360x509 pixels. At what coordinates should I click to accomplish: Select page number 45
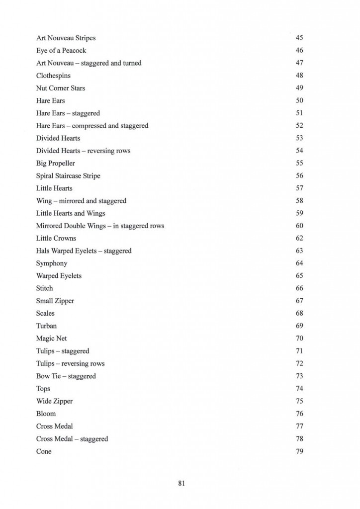point(299,38)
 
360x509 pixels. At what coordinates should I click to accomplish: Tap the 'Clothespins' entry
point(53,76)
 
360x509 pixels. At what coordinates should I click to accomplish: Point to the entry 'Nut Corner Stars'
point(60,88)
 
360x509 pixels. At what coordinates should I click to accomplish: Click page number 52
point(299,126)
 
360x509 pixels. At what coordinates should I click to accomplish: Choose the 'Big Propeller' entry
point(56,163)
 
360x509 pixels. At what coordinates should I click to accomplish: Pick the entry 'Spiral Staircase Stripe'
point(68,176)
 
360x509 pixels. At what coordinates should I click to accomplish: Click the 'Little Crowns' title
point(56,238)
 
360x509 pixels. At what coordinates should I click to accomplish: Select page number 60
point(299,226)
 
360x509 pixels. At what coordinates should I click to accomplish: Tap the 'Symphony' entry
point(52,263)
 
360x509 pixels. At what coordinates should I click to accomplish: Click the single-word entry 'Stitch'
point(44,288)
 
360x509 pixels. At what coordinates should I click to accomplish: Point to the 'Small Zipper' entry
point(55,301)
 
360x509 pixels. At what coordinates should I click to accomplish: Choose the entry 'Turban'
point(46,326)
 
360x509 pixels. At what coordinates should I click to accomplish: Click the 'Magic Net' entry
point(51,339)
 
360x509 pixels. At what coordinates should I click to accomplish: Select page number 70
point(299,339)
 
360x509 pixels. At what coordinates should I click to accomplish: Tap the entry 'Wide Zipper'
point(54,401)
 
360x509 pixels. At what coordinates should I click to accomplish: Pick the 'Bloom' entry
point(46,414)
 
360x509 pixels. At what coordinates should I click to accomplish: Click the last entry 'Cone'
point(44,451)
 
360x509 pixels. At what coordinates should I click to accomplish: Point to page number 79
point(299,451)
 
